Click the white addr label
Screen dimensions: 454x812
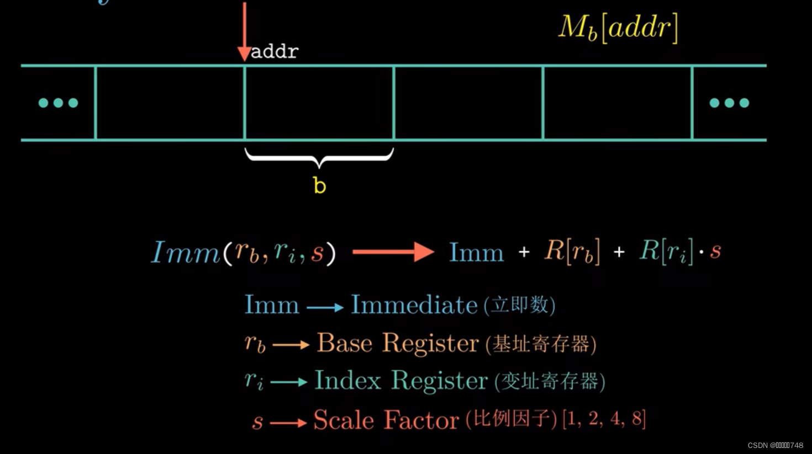coord(275,52)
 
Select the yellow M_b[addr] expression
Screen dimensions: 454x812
coord(618,28)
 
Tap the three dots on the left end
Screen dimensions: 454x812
coord(58,103)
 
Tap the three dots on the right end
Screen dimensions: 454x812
coord(729,103)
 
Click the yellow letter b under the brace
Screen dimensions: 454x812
coord(319,185)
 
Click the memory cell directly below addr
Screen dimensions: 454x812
coord(319,103)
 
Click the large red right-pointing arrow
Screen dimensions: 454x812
coord(393,252)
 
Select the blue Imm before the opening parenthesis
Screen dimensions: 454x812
coord(186,253)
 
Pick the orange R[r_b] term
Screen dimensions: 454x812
coord(572,252)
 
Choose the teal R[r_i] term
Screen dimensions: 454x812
coord(666,252)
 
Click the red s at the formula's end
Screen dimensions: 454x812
coord(715,252)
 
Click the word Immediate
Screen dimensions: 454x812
coord(414,305)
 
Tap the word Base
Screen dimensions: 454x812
coord(345,343)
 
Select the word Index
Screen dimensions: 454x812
coord(348,381)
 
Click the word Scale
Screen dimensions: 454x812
coord(344,420)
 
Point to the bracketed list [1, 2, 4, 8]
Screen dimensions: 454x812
coord(604,419)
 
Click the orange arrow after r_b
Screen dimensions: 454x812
coord(291,345)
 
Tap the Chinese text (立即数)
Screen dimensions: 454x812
coord(519,305)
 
